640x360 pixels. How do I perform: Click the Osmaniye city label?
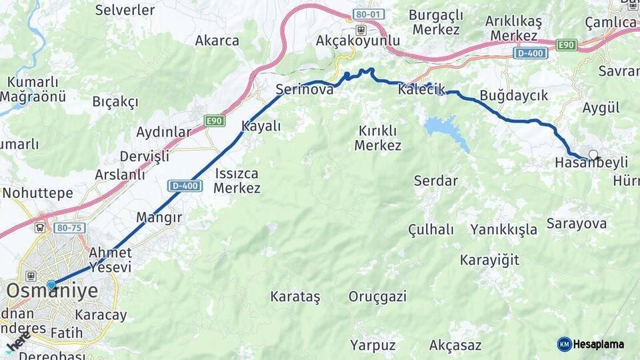click(52, 291)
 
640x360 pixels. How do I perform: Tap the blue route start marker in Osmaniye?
click(51, 285)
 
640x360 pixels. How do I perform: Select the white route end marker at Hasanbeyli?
click(593, 155)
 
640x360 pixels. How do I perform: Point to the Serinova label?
click(305, 89)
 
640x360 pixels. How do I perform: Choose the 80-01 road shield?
click(370, 13)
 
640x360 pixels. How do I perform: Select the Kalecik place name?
click(421, 89)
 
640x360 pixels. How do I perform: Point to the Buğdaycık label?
click(513, 95)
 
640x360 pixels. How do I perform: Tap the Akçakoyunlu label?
click(358, 41)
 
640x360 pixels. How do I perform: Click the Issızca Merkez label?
click(237, 181)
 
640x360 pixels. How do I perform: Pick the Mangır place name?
click(159, 217)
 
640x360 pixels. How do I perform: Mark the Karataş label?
click(295, 296)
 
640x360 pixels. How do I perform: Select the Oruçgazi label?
click(377, 297)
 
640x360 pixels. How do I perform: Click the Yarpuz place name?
click(373, 345)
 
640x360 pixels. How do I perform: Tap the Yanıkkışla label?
click(503, 230)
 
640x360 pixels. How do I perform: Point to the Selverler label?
click(125, 10)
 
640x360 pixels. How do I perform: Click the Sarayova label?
click(577, 223)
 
